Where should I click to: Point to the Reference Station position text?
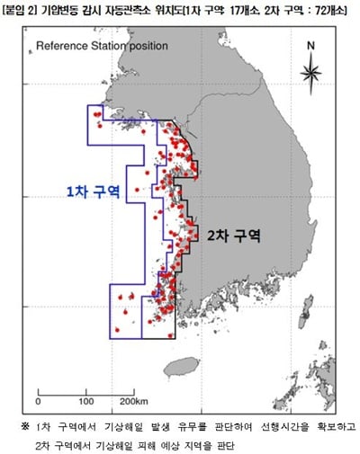point(99,45)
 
